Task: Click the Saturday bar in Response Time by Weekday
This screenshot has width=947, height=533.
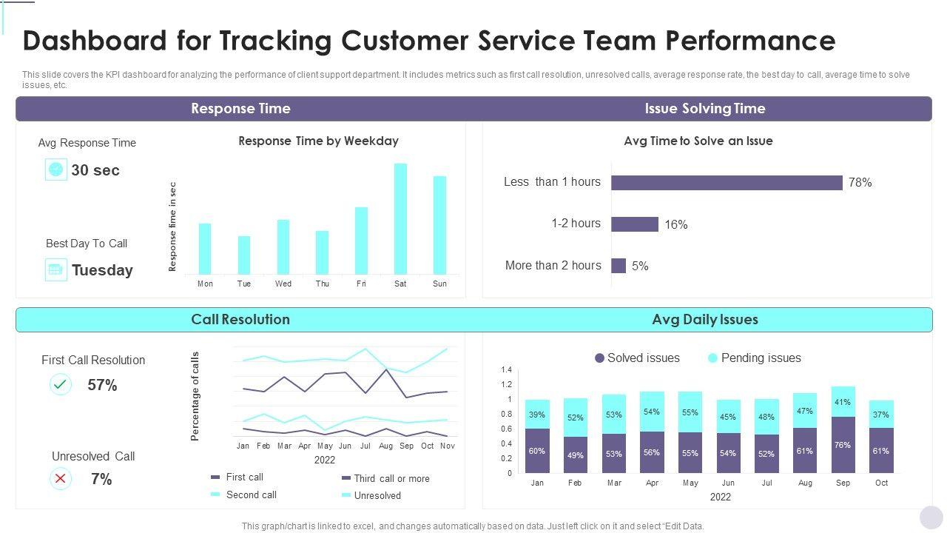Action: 400,219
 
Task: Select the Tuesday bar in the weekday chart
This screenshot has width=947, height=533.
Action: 244,255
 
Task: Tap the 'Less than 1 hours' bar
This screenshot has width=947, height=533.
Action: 727,183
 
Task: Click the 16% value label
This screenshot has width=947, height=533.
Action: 676,224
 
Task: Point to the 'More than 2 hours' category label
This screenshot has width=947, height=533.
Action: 553,265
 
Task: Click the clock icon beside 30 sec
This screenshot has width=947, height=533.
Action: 55,170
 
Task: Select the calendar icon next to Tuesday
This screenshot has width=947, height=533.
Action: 55,269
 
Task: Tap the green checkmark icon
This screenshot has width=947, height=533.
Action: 60,384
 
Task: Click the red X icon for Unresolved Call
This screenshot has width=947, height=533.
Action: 60,479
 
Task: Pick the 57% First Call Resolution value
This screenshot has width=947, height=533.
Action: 102,385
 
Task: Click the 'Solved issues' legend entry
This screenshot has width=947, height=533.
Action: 637,358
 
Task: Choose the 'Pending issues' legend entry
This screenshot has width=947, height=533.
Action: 754,358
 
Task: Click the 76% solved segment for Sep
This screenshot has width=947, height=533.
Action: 843,445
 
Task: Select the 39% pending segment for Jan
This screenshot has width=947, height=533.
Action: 537,415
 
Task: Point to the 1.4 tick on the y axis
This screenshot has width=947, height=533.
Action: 506,369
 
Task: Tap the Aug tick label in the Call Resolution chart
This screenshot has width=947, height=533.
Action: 385,446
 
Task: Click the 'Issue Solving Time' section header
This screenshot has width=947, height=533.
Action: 704,109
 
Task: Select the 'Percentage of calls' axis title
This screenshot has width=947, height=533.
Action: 195,396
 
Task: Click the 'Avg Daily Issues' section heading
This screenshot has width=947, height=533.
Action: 704,320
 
